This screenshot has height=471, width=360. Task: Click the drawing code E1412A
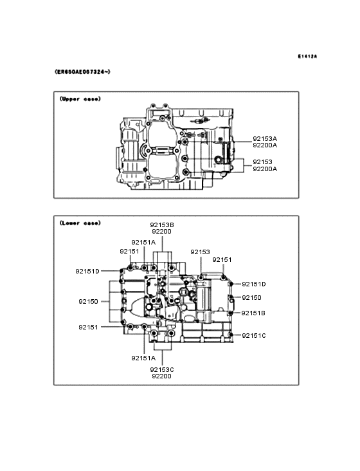click(x=307, y=56)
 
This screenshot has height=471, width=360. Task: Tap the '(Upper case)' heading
click(x=80, y=99)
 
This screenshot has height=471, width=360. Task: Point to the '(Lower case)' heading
click(x=80, y=223)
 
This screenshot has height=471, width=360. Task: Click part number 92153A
click(x=265, y=139)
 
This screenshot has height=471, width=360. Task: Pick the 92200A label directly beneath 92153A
click(x=265, y=145)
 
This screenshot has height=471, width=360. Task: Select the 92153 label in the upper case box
click(x=262, y=162)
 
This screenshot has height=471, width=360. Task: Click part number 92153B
click(x=162, y=225)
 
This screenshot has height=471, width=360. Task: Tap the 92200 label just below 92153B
click(x=162, y=232)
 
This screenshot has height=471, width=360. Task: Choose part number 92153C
click(x=162, y=370)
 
